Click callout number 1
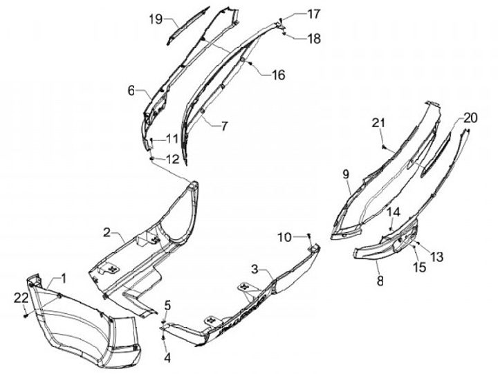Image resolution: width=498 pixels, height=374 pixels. [x=63, y=279]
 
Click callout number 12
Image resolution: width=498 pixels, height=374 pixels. [x=171, y=159]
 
